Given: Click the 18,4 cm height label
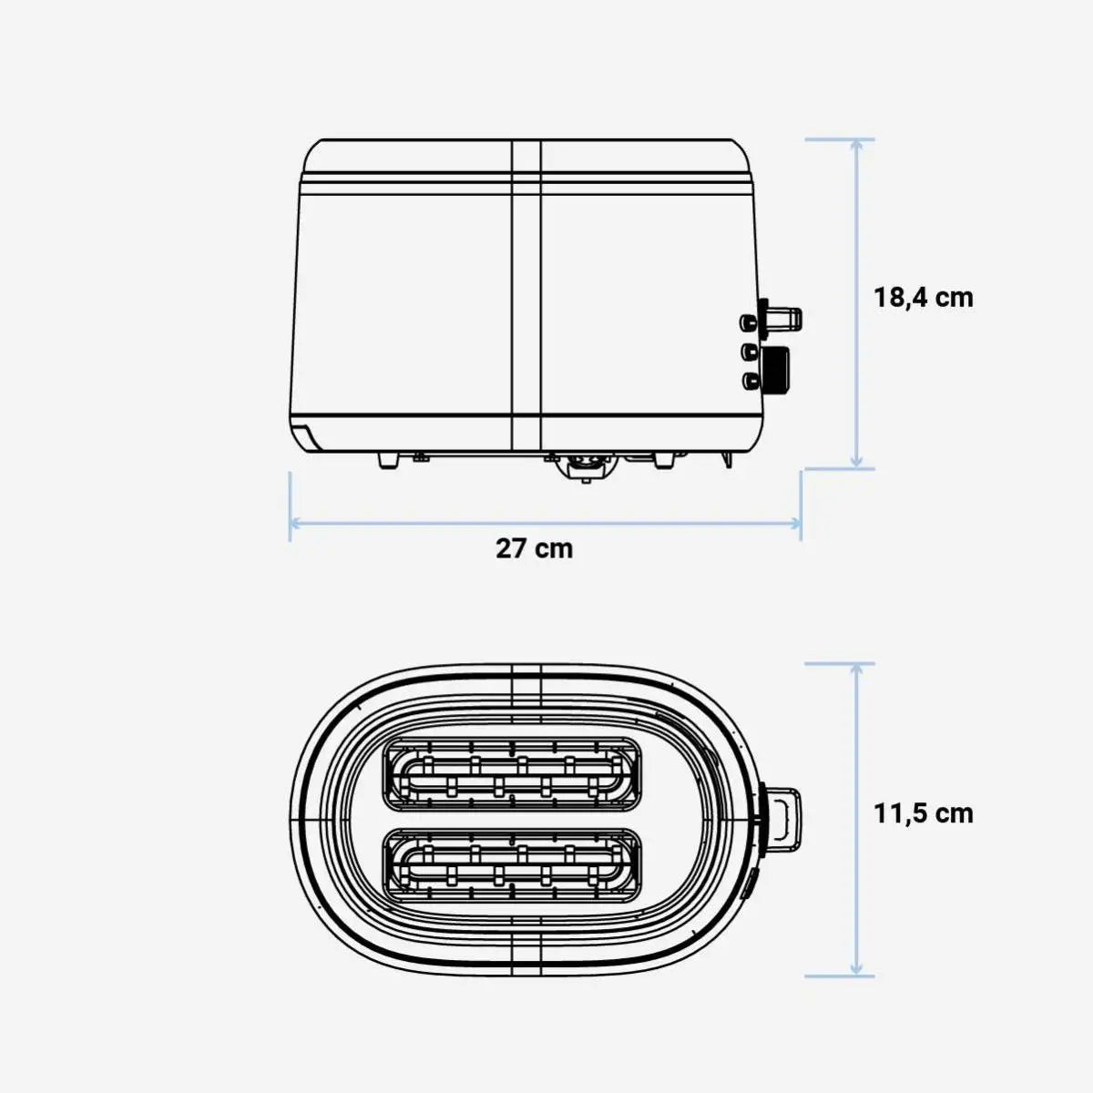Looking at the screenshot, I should [x=923, y=298].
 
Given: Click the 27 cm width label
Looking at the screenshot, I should [x=535, y=549].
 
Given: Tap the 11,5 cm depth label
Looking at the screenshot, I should [x=923, y=813].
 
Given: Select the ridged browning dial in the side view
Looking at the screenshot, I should [x=776, y=368].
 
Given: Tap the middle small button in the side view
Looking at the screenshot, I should [x=749, y=350].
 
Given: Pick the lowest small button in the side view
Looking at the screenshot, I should [x=749, y=380].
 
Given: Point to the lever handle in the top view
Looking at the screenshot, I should [x=784, y=816].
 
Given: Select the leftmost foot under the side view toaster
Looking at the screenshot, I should [x=388, y=460].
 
